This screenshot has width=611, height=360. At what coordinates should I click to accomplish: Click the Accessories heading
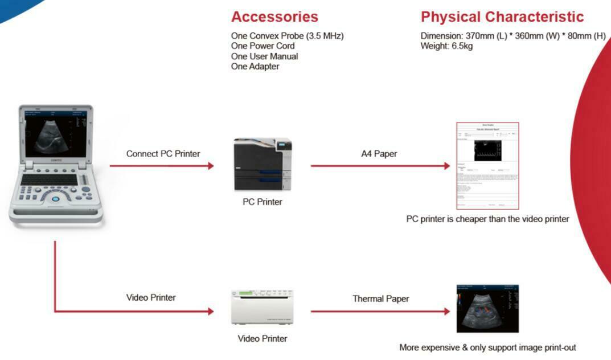pos(274,17)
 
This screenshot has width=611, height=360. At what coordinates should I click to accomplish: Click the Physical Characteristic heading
pos(502,17)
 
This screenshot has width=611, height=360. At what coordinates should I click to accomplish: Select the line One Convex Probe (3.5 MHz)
pos(287,36)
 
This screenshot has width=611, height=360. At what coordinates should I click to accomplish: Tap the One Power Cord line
pos(263,46)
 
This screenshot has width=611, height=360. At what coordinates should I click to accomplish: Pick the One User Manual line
pos(264,56)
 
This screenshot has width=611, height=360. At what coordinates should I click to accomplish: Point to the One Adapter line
pos(255,67)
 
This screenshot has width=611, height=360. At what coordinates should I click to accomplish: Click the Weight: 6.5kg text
pos(446,46)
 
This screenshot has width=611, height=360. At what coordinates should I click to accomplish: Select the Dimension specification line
pos(512,36)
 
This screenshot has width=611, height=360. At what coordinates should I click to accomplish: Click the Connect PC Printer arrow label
pos(163,154)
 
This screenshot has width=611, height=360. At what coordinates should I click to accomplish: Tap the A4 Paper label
pos(379,154)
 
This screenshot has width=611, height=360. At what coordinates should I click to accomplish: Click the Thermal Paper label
pos(380,298)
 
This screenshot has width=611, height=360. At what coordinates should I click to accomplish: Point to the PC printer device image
pos(263,164)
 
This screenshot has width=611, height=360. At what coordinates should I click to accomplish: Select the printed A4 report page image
pos(487,166)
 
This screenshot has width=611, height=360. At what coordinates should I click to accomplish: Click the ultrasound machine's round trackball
pos(56,199)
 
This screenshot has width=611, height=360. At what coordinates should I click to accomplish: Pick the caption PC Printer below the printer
pos(263,202)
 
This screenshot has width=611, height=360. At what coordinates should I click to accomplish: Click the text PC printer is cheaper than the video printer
pos(487,219)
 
